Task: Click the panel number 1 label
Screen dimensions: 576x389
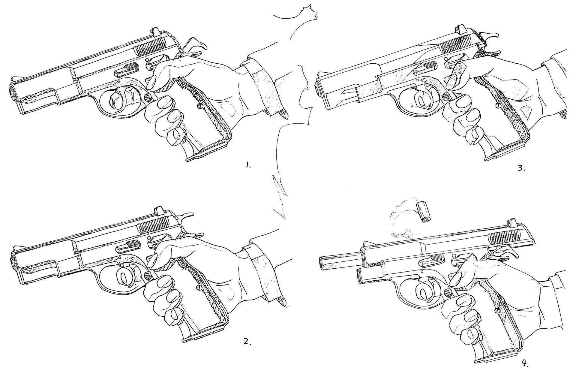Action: (248, 165)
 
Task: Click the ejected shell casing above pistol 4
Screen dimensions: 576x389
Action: (422, 212)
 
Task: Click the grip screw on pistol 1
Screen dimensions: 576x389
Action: (198, 106)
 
